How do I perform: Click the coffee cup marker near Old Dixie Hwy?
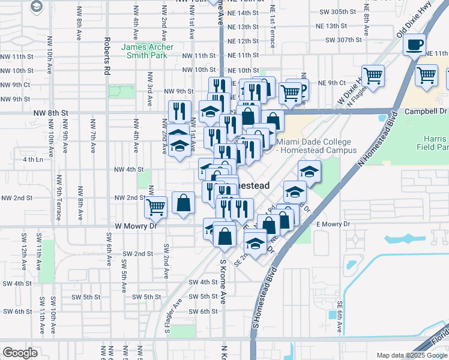click(x=414, y=45)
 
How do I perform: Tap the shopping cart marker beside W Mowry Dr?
click(x=155, y=207)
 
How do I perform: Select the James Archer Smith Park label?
click(x=147, y=51)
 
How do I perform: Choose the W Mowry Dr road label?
click(x=136, y=227)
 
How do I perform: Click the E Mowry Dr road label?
click(x=333, y=224)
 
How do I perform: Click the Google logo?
click(x=20, y=353)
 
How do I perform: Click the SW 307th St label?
click(x=344, y=40)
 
